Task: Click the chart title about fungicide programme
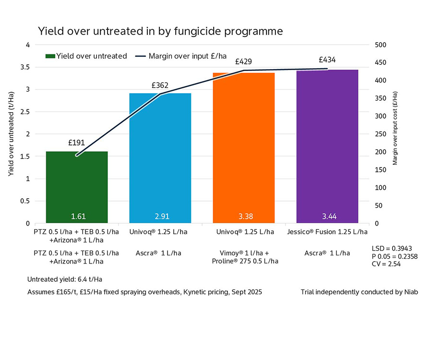[x=160, y=31]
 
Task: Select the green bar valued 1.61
[x=77, y=187]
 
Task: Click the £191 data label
[x=77, y=143]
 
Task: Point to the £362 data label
[x=160, y=85]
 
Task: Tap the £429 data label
[x=243, y=62]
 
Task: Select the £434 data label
[x=327, y=60]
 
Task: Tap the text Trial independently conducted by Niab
[x=359, y=292]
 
